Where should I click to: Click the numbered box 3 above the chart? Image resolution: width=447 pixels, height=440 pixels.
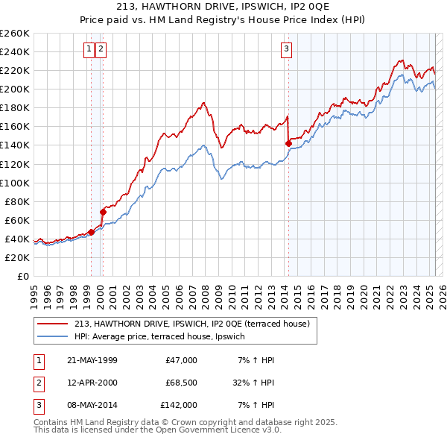(286, 50)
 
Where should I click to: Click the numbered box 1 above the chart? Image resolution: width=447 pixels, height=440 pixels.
(89, 50)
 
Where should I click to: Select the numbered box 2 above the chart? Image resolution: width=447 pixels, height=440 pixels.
(101, 50)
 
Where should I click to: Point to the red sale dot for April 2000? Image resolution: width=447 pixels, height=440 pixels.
(103, 212)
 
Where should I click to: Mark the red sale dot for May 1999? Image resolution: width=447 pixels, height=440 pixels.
(91, 232)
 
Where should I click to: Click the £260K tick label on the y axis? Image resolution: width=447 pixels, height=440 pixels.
(15, 34)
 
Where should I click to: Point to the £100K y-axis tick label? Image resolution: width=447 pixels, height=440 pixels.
(15, 183)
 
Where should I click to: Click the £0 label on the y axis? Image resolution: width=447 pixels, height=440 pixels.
(24, 276)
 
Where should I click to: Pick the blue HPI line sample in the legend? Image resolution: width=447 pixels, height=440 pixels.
(54, 336)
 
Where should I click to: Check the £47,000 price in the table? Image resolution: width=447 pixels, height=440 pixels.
(181, 360)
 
